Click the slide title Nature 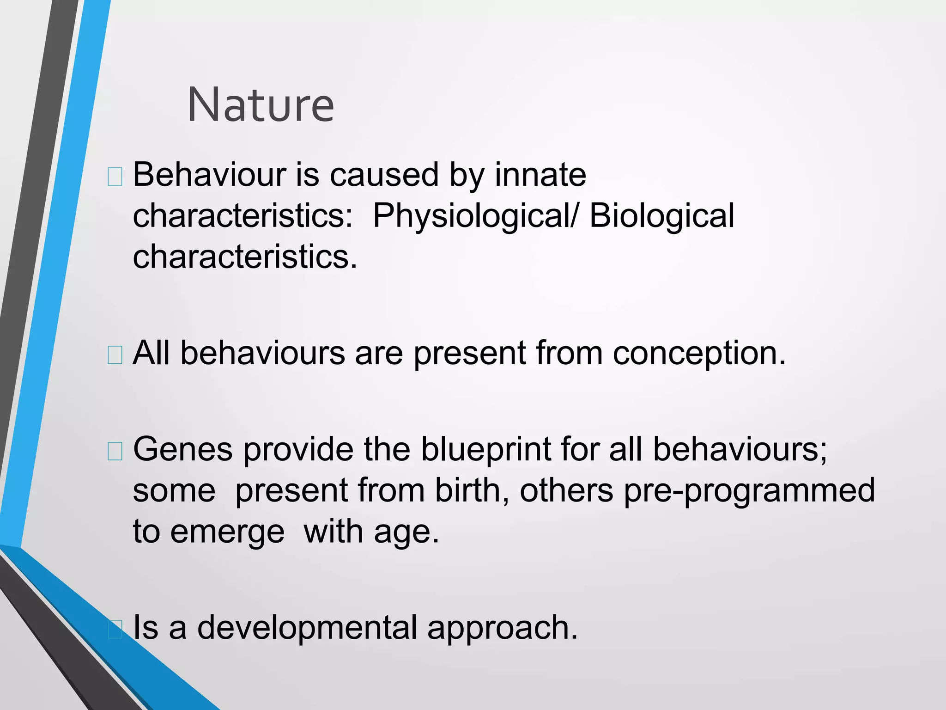click(x=261, y=105)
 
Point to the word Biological click(x=661, y=216)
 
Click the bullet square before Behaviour click(x=115, y=177)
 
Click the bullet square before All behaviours click(x=115, y=355)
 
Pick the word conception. click(x=699, y=354)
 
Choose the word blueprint click(x=485, y=450)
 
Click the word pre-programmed click(x=749, y=490)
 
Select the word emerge click(x=227, y=532)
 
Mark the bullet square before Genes click(x=115, y=451)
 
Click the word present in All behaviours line click(x=469, y=354)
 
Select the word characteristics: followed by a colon click(x=243, y=216)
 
